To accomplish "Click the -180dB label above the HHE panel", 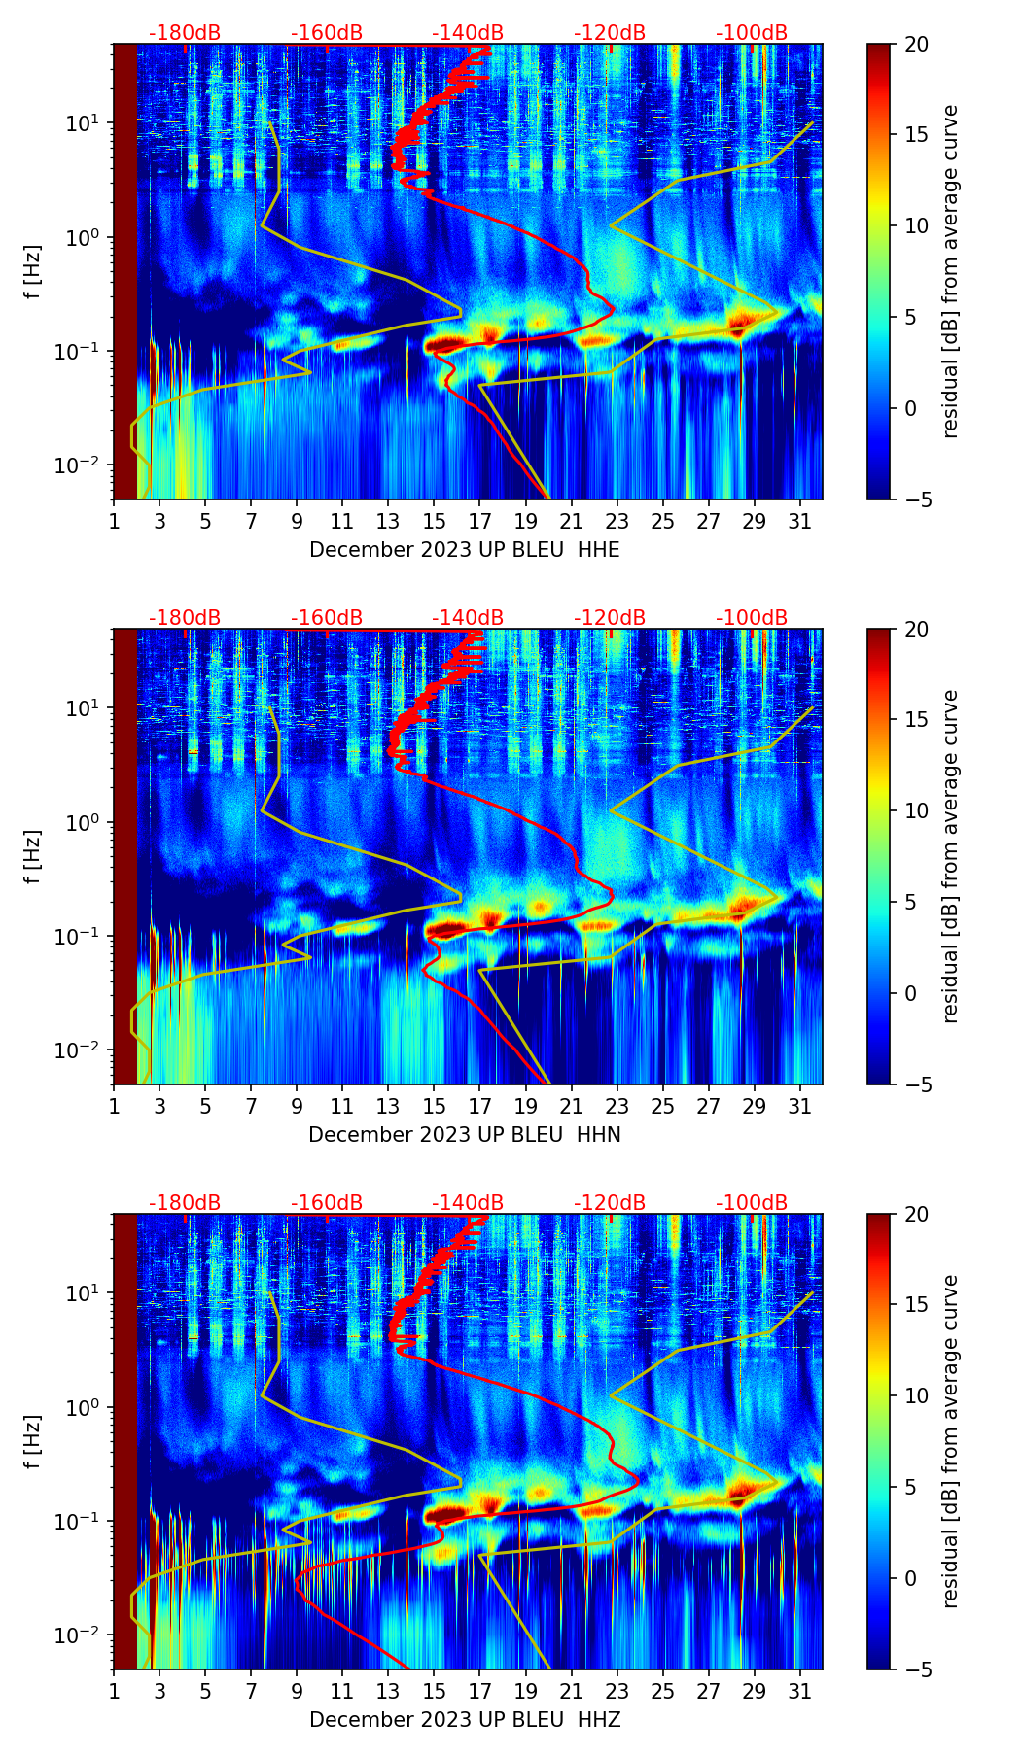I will [x=185, y=33].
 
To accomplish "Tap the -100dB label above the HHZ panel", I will [x=752, y=1203].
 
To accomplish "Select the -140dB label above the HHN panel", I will [x=468, y=618].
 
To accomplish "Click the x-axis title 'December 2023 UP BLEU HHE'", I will [x=464, y=550].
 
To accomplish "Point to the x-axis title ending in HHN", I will [x=464, y=1135].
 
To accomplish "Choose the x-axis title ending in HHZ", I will [x=464, y=1720].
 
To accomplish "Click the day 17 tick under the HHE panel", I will [x=479, y=521].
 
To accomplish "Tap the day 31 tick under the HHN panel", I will [x=799, y=1106].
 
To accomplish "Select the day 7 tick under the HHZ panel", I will [x=251, y=1691].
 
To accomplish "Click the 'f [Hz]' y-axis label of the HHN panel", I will [x=33, y=856].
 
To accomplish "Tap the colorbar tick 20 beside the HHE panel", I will [x=917, y=45].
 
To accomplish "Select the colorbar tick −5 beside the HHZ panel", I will [x=917, y=1669].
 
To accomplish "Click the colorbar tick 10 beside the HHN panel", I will [x=917, y=811].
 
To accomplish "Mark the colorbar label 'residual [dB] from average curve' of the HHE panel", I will [x=950, y=271].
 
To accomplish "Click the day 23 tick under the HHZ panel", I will [x=617, y=1691].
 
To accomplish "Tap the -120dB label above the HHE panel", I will [x=610, y=33].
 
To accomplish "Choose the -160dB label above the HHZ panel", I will [x=327, y=1203].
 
